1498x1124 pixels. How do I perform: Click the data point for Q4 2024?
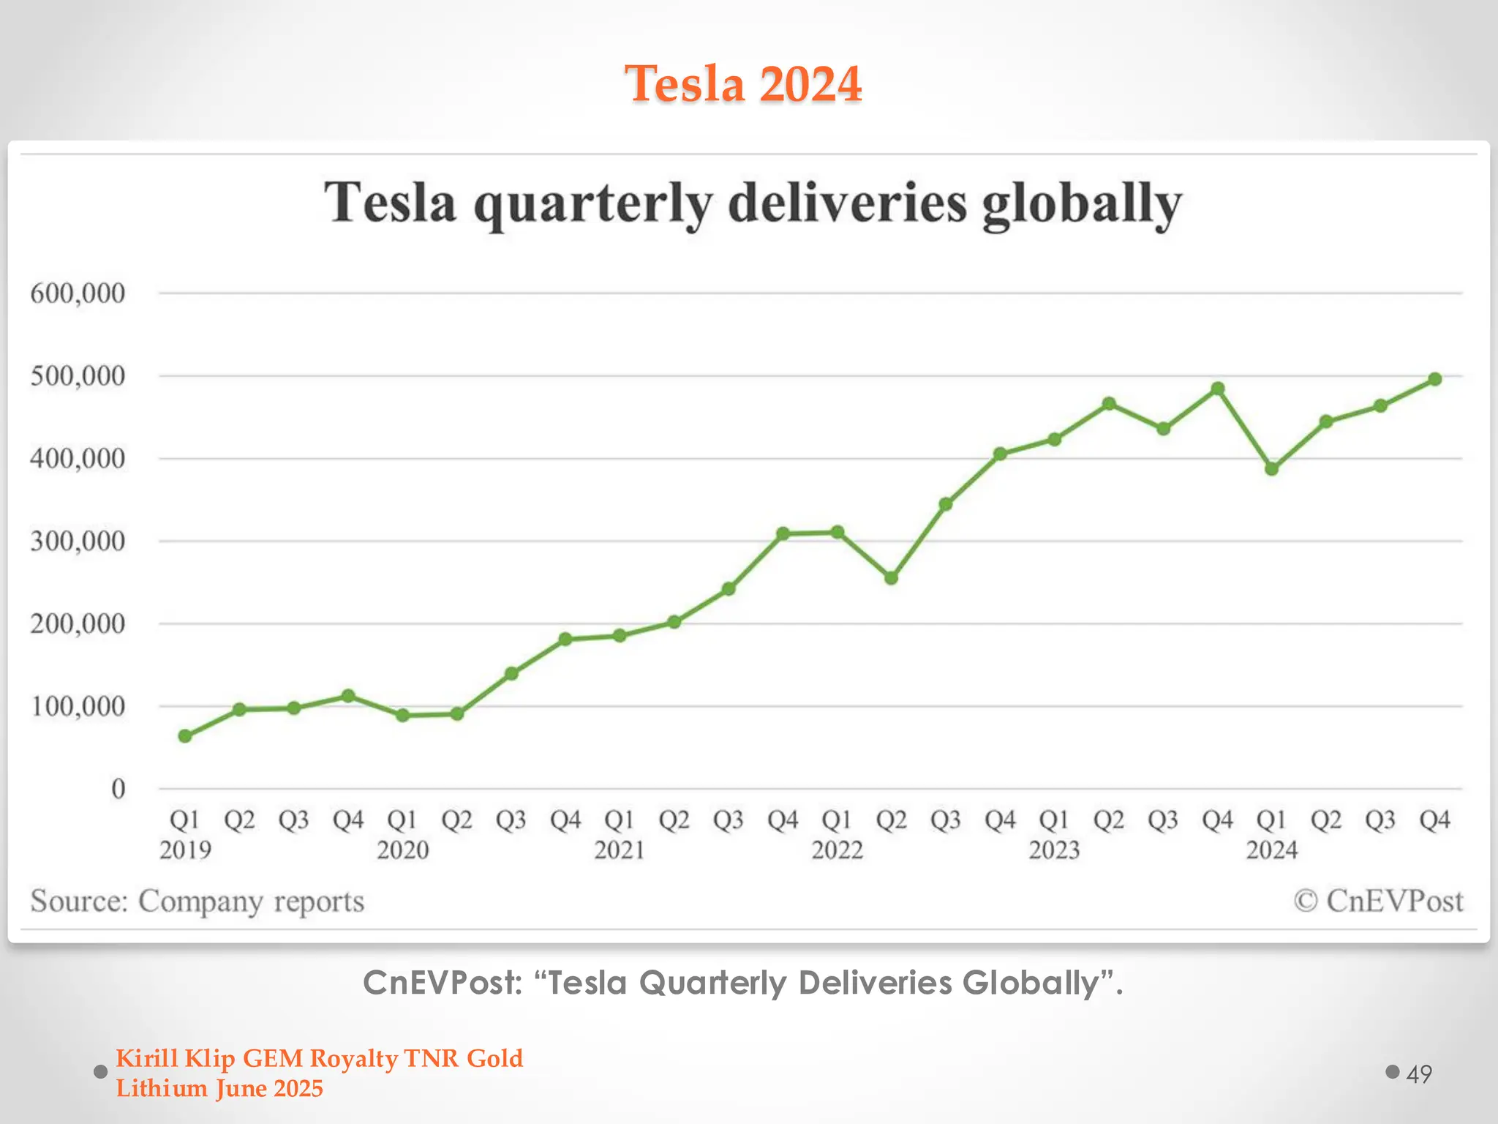pos(1434,379)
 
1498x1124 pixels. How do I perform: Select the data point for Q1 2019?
pos(185,735)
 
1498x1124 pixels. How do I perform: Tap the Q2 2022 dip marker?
pos(891,577)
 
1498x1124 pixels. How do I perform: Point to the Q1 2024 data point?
pos(1271,468)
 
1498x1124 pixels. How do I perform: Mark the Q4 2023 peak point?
pos(1217,389)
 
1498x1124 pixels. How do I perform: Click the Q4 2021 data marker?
pos(783,533)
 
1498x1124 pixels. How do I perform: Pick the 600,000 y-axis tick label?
pos(78,293)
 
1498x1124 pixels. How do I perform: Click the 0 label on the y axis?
pos(118,789)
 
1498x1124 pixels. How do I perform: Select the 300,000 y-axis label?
pos(78,542)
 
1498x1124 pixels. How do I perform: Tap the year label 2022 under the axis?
pos(837,850)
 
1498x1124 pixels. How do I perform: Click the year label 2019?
pos(185,850)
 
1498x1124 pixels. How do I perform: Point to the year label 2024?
pos(1271,850)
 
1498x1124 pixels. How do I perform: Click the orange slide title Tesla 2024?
pos(743,83)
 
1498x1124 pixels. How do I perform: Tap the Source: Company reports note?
pos(197,901)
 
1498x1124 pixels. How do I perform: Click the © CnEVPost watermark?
pos(1378,901)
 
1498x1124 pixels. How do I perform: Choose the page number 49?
pos(1418,1074)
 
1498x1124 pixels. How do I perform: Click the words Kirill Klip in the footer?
pos(176,1058)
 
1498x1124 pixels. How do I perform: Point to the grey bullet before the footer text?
pos(101,1072)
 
